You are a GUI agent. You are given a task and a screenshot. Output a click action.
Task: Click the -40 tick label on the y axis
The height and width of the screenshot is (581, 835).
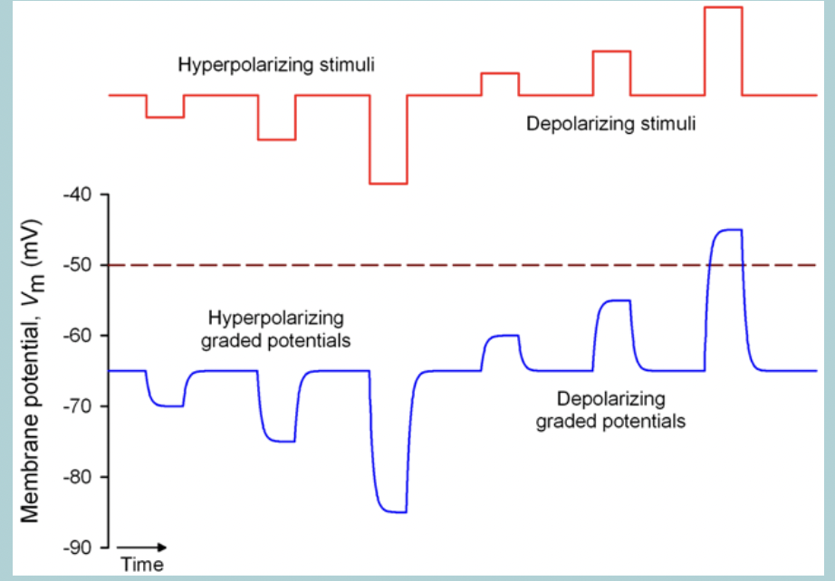(x=74, y=195)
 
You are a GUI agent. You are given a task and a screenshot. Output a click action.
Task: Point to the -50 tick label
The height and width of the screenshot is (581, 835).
(x=74, y=265)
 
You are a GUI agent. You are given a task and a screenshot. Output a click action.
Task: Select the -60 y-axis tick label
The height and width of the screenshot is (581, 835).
(x=74, y=336)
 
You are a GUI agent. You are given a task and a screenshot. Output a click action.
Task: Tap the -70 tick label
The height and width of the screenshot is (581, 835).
(x=74, y=406)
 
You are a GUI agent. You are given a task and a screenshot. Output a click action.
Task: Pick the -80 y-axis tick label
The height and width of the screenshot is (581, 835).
(x=74, y=477)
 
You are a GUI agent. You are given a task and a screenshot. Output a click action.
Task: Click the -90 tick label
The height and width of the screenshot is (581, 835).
(x=74, y=548)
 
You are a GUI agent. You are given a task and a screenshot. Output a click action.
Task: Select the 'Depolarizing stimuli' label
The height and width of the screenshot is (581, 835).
(x=611, y=124)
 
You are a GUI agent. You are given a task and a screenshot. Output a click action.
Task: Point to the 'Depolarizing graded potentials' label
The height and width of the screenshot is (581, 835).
(x=611, y=410)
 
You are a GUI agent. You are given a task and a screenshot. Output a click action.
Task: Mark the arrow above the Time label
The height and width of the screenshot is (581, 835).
(x=143, y=547)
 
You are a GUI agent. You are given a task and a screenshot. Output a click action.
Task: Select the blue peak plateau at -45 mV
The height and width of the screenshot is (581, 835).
(x=725, y=230)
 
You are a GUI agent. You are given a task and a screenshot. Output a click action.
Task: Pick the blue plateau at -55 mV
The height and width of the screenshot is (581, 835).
(x=613, y=300)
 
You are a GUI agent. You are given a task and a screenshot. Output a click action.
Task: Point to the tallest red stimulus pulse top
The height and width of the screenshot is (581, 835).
(x=724, y=7)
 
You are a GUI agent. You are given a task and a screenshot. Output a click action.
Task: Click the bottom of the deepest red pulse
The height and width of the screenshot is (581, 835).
(x=389, y=184)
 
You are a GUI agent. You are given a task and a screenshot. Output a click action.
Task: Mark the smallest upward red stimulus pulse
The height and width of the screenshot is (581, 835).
(x=500, y=73)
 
